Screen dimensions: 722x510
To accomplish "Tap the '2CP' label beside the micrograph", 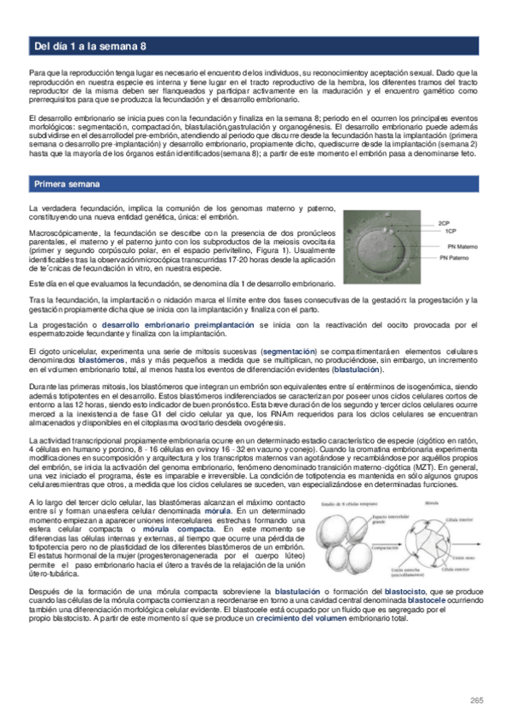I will (x=444, y=222).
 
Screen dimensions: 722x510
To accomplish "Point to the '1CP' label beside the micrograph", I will (x=444, y=231).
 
